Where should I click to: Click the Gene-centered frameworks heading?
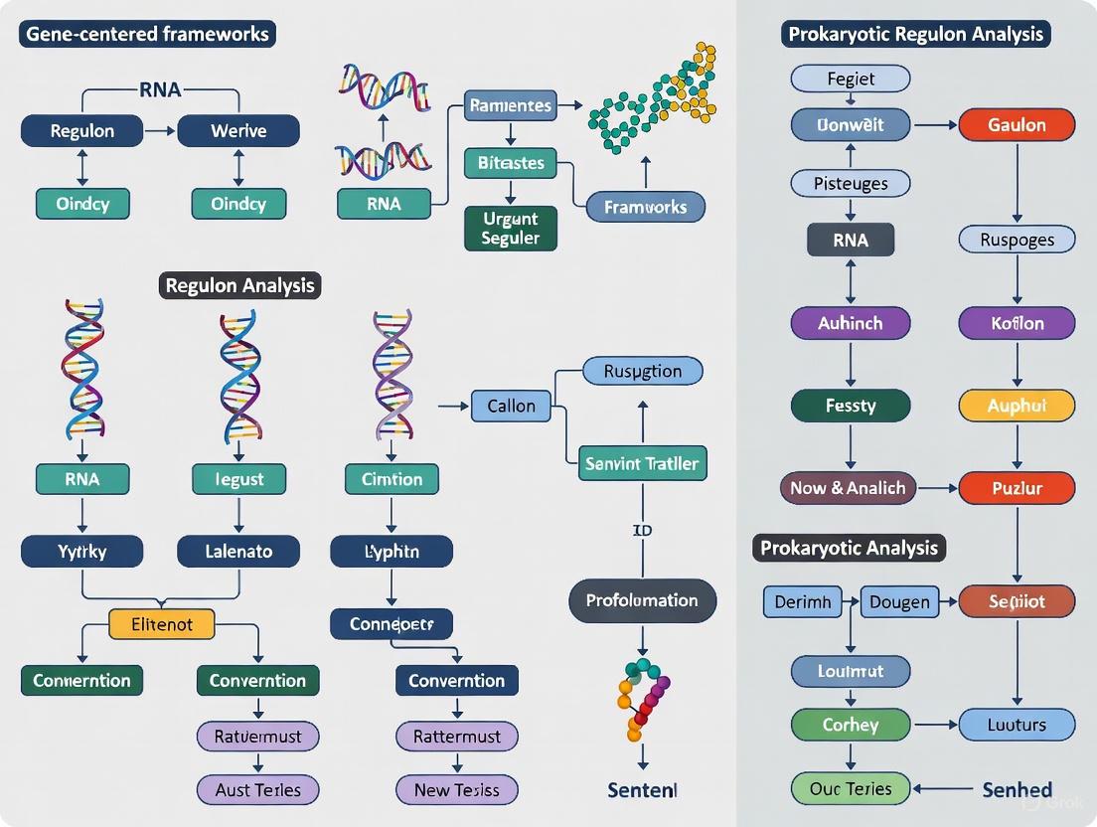146,35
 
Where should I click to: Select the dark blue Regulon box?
82,130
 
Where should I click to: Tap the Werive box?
238,130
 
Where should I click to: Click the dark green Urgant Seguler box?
510,229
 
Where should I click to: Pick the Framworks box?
645,207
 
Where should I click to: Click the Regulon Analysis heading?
240,285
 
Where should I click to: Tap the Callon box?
511,406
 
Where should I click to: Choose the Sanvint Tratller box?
642,463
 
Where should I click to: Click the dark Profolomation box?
642,600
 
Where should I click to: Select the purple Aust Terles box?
257,790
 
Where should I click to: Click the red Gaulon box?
1017,125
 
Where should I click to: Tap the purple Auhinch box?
850,323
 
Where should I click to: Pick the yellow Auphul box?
1017,406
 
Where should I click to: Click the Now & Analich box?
848,487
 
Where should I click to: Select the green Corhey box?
851,725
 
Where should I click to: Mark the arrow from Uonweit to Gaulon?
934,125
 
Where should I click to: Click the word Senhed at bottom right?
1017,790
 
